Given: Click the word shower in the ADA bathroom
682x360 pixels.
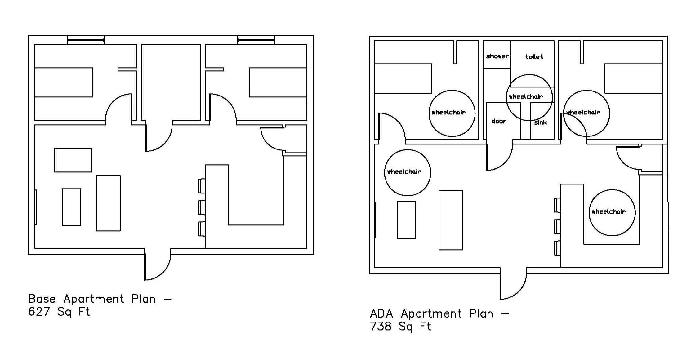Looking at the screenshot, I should click(x=497, y=56).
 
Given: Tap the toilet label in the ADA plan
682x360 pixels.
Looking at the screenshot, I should click(x=534, y=57).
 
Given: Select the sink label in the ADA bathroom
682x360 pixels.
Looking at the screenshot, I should click(x=541, y=122).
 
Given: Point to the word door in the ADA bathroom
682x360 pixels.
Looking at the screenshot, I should click(x=499, y=121).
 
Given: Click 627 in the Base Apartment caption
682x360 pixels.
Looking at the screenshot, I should click(x=39, y=312).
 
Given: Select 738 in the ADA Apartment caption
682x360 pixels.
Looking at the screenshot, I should click(x=381, y=326).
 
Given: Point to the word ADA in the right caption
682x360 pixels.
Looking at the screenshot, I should click(x=381, y=314).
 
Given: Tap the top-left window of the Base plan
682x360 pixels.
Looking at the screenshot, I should click(x=86, y=40).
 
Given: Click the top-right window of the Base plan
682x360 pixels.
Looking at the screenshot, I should click(x=256, y=40).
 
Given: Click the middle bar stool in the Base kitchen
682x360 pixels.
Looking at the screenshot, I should click(x=202, y=207).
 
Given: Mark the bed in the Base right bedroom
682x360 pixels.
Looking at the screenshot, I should click(x=278, y=82).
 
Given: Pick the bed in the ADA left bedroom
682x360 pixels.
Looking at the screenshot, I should click(x=403, y=78).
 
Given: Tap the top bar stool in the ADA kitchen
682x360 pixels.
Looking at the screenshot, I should click(x=558, y=205).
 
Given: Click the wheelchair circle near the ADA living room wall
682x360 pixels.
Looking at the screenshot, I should click(x=407, y=172).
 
